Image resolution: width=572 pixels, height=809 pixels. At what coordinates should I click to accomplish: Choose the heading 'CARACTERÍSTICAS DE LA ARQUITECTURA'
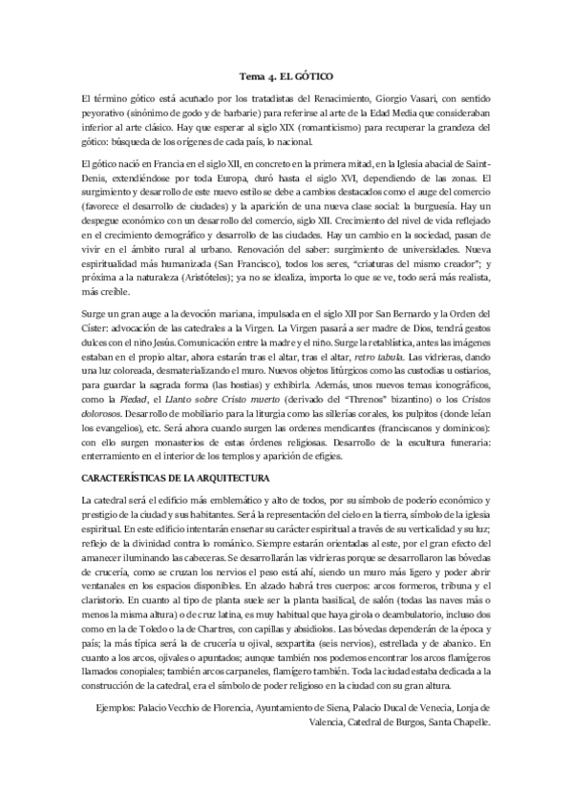pyautogui.click(x=177, y=475)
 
